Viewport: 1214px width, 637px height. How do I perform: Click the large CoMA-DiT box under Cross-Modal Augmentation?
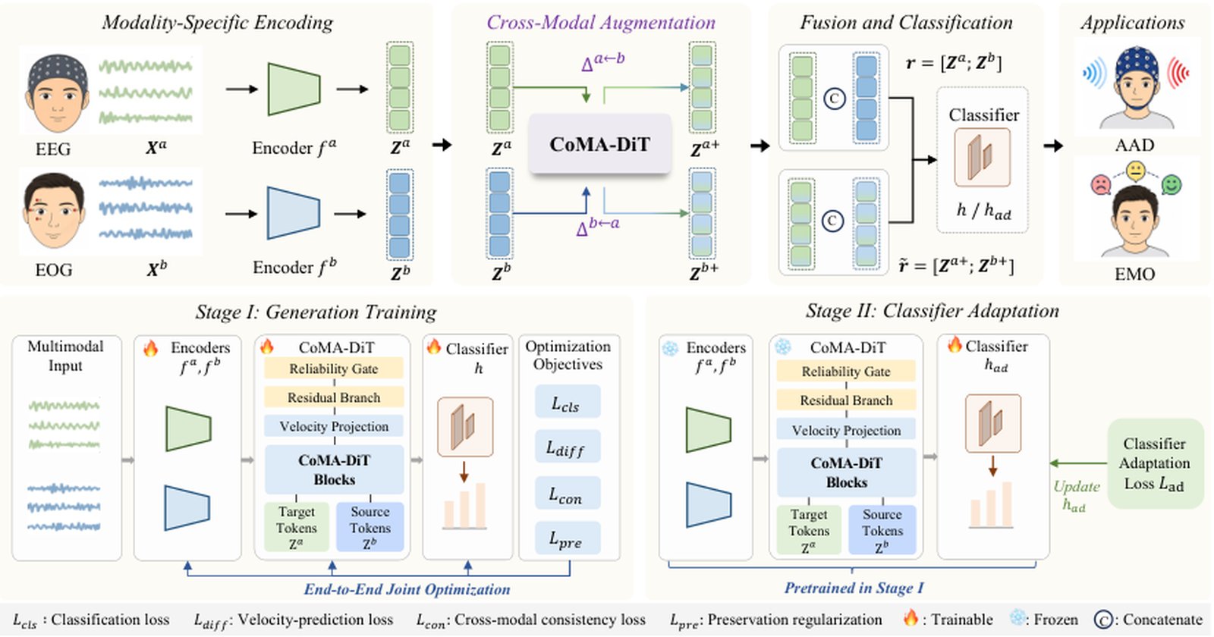click(600, 144)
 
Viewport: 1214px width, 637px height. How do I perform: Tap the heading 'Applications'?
click(1132, 22)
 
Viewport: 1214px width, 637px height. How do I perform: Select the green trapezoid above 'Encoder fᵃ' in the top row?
click(294, 89)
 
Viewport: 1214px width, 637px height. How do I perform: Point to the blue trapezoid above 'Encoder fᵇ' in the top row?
click(293, 213)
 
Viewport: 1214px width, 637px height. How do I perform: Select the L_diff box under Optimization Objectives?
click(568, 447)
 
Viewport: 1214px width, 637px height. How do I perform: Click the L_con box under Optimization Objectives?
click(568, 493)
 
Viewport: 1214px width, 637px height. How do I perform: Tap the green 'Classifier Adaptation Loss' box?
click(1155, 463)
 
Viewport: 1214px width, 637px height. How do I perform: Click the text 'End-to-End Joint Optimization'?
click(407, 589)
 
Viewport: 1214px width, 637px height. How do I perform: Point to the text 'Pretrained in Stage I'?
click(854, 588)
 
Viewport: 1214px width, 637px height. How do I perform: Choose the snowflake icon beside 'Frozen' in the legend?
click(1017, 618)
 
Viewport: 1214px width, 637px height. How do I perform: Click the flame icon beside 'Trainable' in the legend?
click(910, 617)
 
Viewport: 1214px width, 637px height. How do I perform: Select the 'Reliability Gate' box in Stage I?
click(334, 369)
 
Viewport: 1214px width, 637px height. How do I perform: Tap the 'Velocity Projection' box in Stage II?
click(846, 430)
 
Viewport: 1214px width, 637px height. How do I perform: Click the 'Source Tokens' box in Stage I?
click(370, 527)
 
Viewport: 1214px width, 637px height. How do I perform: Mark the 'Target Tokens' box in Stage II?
click(809, 530)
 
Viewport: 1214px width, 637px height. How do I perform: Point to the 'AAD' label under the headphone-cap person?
click(1134, 145)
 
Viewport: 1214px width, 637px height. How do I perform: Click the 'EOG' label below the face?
click(53, 269)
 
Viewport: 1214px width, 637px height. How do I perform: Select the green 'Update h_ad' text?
click(1076, 496)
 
